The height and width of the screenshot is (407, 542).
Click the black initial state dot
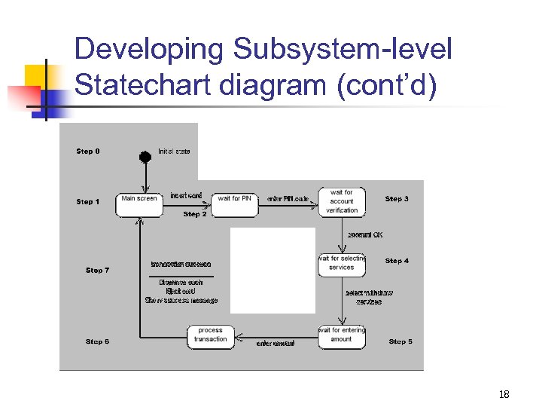(x=145, y=157)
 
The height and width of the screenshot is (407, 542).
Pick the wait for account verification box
(x=342, y=202)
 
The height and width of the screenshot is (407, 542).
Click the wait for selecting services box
(x=342, y=263)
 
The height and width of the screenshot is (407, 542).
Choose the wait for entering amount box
(x=342, y=335)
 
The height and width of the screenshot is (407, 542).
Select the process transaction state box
(x=210, y=335)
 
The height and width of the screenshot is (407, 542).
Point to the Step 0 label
(x=88, y=151)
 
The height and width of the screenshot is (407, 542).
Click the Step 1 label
(x=88, y=202)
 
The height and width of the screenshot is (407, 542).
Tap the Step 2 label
(x=195, y=215)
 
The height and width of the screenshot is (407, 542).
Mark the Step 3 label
(x=397, y=199)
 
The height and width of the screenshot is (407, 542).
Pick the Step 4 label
(x=397, y=261)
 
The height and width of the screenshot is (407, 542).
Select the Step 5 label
(x=400, y=341)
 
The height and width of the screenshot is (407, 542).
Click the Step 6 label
(x=97, y=341)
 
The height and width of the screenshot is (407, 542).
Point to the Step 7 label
(x=97, y=270)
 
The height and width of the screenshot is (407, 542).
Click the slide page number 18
(x=504, y=394)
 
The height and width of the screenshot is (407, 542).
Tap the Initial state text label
(x=174, y=151)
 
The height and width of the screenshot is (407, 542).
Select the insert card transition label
(x=186, y=196)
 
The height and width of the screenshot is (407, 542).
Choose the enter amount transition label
(x=276, y=344)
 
